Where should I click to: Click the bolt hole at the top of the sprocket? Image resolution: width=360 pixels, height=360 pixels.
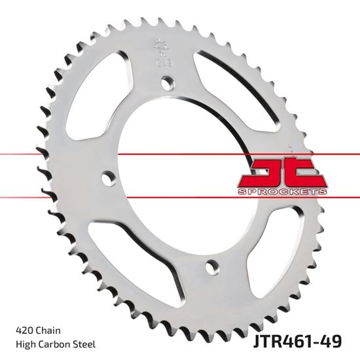[x=170, y=83]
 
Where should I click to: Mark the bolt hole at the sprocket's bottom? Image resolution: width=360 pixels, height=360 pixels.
[x=211, y=266]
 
